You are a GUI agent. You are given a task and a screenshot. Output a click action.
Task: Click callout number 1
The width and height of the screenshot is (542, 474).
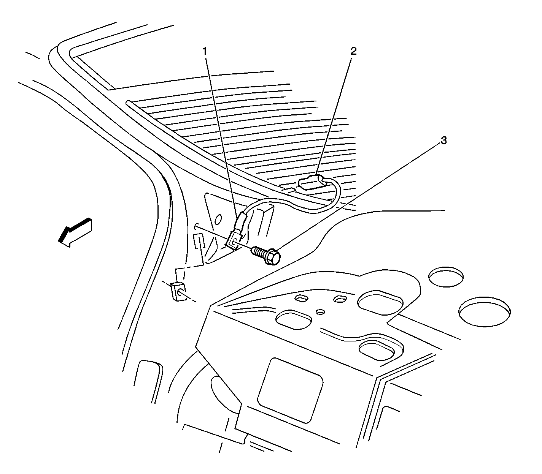[x=205, y=51]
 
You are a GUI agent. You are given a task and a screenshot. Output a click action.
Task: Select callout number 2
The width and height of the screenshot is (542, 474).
[x=353, y=51]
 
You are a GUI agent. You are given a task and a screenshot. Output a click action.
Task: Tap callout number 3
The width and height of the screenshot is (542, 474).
[x=443, y=141]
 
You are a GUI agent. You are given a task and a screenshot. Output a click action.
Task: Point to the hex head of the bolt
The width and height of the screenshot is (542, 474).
[x=272, y=258]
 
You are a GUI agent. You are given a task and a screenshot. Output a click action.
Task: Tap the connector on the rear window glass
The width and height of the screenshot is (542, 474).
[x=311, y=184]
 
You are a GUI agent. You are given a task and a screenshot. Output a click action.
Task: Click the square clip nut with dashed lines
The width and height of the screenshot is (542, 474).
[x=178, y=291]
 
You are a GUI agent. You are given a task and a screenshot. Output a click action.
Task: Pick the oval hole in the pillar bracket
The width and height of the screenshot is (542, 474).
[x=218, y=219]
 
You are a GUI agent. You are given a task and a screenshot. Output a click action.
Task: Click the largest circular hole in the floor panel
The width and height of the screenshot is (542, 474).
[x=485, y=311]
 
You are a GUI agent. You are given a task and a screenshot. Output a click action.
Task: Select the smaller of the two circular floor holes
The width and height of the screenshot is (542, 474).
[x=446, y=277]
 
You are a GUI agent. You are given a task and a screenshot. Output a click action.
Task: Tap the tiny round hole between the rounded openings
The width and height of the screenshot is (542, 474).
[x=320, y=312]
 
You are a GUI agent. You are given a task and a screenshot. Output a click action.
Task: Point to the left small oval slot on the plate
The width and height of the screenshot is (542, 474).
[x=302, y=299]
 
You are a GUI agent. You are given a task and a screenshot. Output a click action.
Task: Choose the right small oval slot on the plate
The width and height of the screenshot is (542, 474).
[x=340, y=299]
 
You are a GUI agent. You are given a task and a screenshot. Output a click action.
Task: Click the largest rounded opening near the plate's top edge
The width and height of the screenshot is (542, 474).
[x=380, y=303]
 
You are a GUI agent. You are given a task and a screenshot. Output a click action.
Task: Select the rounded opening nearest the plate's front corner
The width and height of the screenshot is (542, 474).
[x=294, y=320]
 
